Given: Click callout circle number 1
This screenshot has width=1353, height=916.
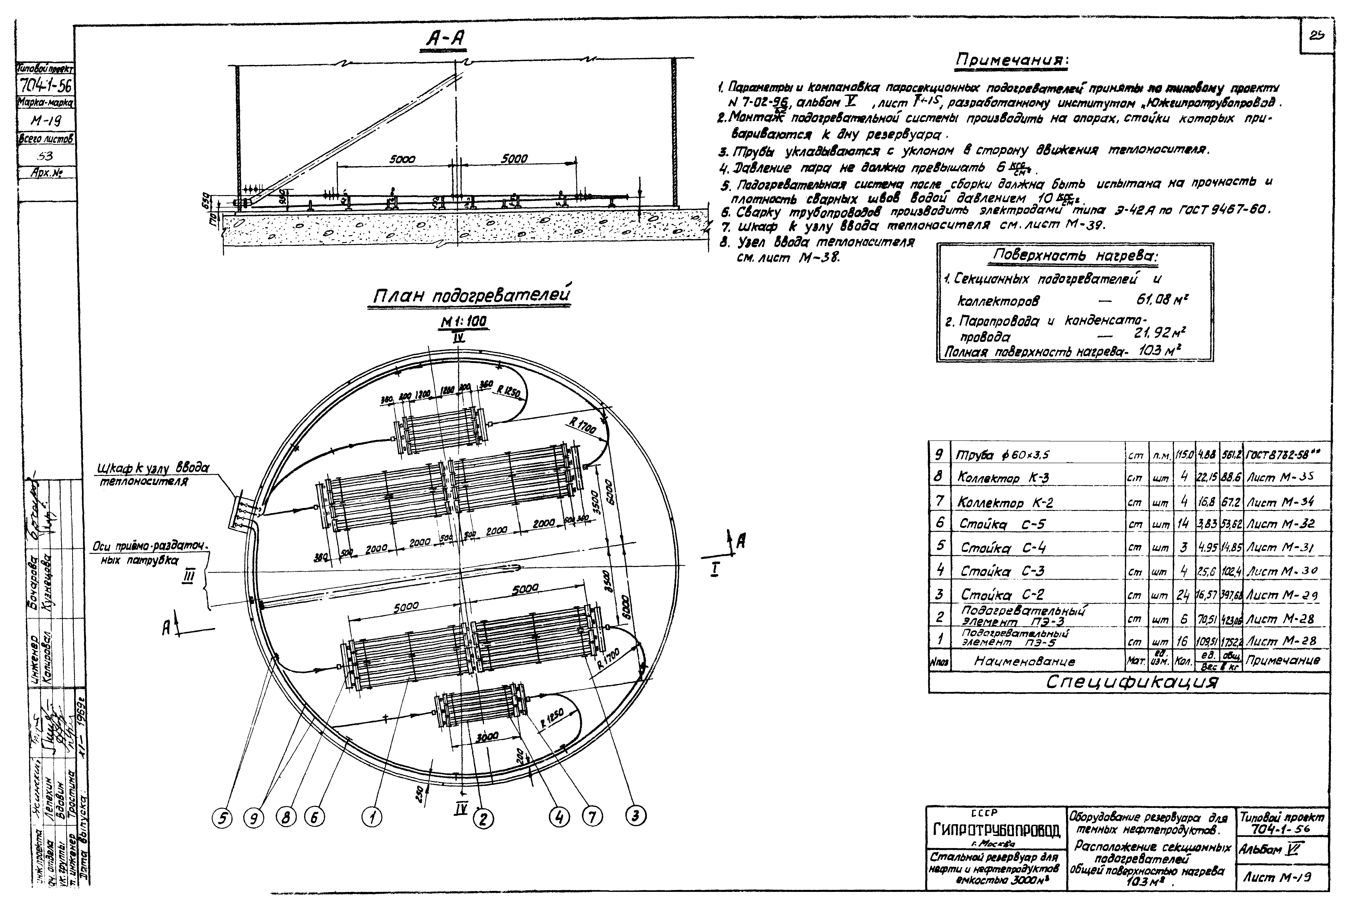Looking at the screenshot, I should pyautogui.click(x=372, y=818).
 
